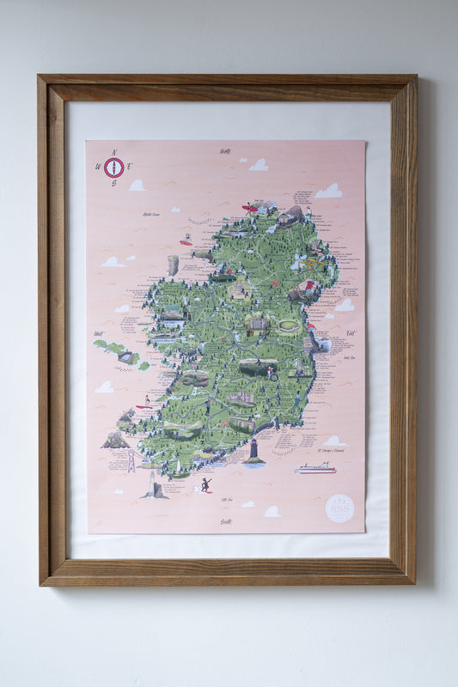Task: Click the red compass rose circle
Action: click(114, 167)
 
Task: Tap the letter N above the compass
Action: click(114, 151)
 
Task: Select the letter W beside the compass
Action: click(98, 168)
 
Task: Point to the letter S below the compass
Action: click(114, 184)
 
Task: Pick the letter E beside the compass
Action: click(131, 167)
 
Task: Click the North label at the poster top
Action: click(225, 151)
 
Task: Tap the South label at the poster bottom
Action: click(226, 521)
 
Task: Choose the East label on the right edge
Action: click(350, 332)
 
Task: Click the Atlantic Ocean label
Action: click(151, 214)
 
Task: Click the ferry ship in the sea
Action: click(314, 469)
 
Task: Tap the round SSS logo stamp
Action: click(340, 508)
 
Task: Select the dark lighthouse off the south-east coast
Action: click(253, 451)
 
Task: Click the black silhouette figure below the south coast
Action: click(205, 485)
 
